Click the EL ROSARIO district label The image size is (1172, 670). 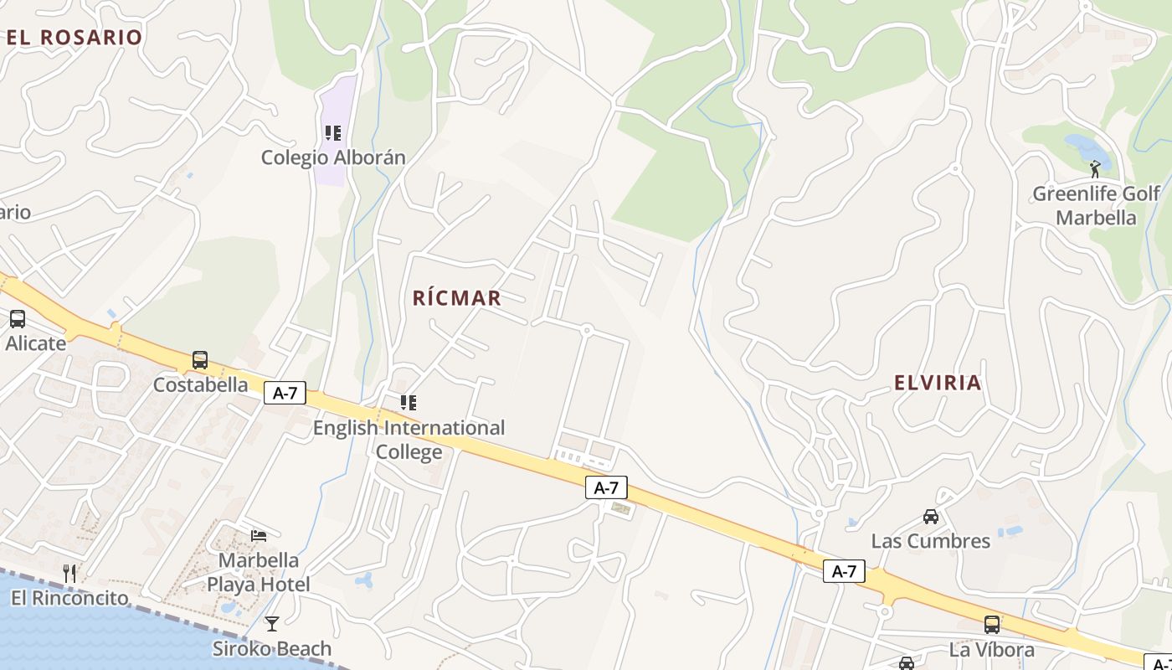pyautogui.click(x=75, y=37)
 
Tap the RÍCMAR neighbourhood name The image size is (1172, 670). pyautogui.click(x=457, y=298)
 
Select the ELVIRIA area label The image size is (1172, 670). pyautogui.click(x=938, y=383)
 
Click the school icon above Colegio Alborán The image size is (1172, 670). pyautogui.click(x=333, y=133)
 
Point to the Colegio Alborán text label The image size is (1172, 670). pyautogui.click(x=333, y=157)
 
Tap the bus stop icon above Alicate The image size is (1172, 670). pyautogui.click(x=18, y=319)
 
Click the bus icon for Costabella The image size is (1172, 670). pyautogui.click(x=200, y=360)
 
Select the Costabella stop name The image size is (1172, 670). pyautogui.click(x=200, y=385)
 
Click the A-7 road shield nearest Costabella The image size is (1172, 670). pyautogui.click(x=285, y=393)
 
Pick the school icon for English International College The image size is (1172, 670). pyautogui.click(x=409, y=403)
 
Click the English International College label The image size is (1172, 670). pyautogui.click(x=409, y=440)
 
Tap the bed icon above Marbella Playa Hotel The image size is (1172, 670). pyautogui.click(x=259, y=535)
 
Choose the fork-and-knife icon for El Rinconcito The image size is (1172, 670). pyautogui.click(x=69, y=574)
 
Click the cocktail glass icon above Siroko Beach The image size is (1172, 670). pyautogui.click(x=271, y=624)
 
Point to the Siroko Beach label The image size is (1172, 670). pyautogui.click(x=271, y=649)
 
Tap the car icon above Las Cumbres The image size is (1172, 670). pyautogui.click(x=931, y=517)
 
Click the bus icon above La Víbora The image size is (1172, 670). pyautogui.click(x=992, y=625)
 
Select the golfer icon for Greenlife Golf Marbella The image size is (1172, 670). pyautogui.click(x=1095, y=169)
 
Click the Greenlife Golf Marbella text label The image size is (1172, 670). pyautogui.click(x=1096, y=206)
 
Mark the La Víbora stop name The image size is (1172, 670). pyautogui.click(x=992, y=650)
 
